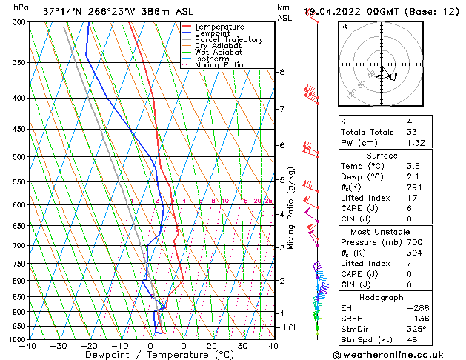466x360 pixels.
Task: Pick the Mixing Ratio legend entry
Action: click(x=219, y=66)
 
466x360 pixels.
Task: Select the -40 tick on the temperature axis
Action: click(x=28, y=346)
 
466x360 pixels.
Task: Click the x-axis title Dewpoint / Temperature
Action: click(x=151, y=356)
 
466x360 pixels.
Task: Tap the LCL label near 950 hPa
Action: click(x=291, y=327)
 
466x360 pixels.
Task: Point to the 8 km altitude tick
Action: click(x=282, y=72)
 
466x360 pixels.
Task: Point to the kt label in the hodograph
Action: click(x=344, y=27)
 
